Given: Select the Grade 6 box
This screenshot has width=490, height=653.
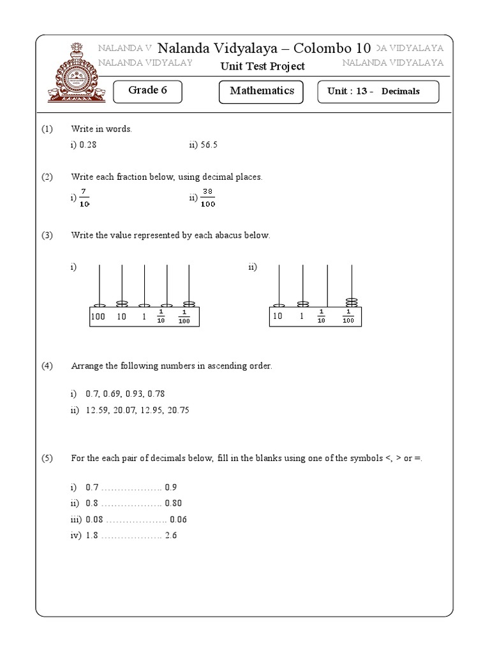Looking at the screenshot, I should (x=147, y=91).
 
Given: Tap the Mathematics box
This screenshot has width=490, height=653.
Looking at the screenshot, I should (x=262, y=91).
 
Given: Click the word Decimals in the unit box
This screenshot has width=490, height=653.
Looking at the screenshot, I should (x=401, y=91).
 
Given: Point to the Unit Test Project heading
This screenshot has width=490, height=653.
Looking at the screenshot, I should (x=262, y=66).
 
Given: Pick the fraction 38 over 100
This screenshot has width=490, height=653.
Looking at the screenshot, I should (x=208, y=198).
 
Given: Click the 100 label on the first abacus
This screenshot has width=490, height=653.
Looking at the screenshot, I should (x=98, y=316).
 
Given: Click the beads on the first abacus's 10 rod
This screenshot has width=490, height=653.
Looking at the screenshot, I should (x=122, y=304).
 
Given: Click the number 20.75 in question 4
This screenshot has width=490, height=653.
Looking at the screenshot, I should (x=178, y=410).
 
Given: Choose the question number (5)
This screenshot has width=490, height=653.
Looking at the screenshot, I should (x=47, y=459).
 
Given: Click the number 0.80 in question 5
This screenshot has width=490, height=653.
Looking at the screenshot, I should (x=174, y=503).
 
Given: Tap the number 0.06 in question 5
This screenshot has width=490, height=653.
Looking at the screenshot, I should (x=178, y=520).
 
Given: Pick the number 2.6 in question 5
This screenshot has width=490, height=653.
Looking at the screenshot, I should (x=170, y=536).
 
